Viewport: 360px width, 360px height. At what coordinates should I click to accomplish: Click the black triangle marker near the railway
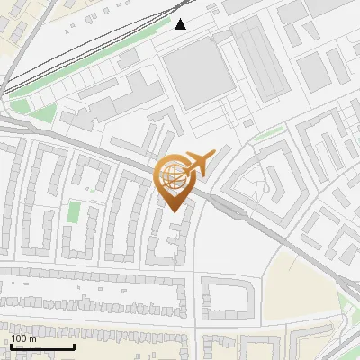(181, 23)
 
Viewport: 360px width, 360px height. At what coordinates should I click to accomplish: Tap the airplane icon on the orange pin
(197, 163)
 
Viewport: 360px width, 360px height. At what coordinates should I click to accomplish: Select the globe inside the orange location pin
(173, 174)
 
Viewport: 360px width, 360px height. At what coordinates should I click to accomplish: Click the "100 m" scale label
(23, 337)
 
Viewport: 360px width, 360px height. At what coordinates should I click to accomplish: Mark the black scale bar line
(42, 346)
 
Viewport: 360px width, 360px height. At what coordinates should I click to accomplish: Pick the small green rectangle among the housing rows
(74, 213)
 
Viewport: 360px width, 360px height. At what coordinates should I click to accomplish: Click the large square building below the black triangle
(196, 70)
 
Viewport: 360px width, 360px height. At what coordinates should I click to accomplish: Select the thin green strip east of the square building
(267, 136)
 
